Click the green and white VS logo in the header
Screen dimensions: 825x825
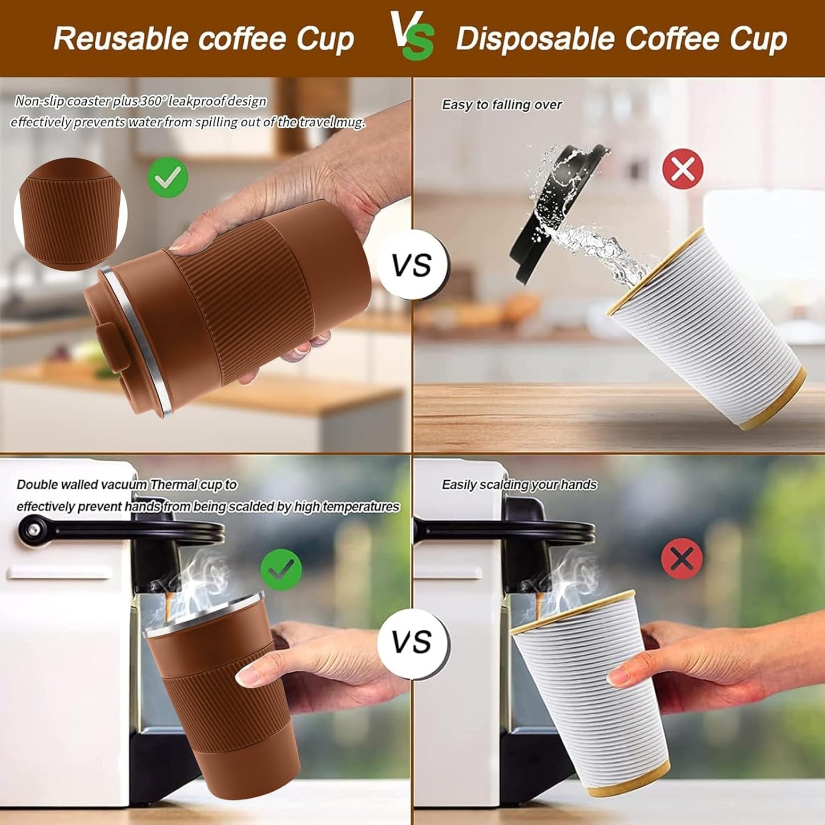point(412,35)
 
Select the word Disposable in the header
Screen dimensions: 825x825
point(535,39)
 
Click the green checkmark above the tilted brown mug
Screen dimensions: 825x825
point(168,177)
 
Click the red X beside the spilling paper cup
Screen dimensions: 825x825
point(682,168)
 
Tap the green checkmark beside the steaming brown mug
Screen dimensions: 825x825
point(281,569)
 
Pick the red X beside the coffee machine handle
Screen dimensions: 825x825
point(682,558)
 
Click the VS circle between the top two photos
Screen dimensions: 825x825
point(412,265)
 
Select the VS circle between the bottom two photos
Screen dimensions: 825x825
point(412,642)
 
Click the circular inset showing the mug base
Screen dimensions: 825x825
point(71,214)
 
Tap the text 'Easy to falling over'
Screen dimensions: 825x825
point(501,105)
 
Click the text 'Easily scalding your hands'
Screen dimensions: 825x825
point(519,485)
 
